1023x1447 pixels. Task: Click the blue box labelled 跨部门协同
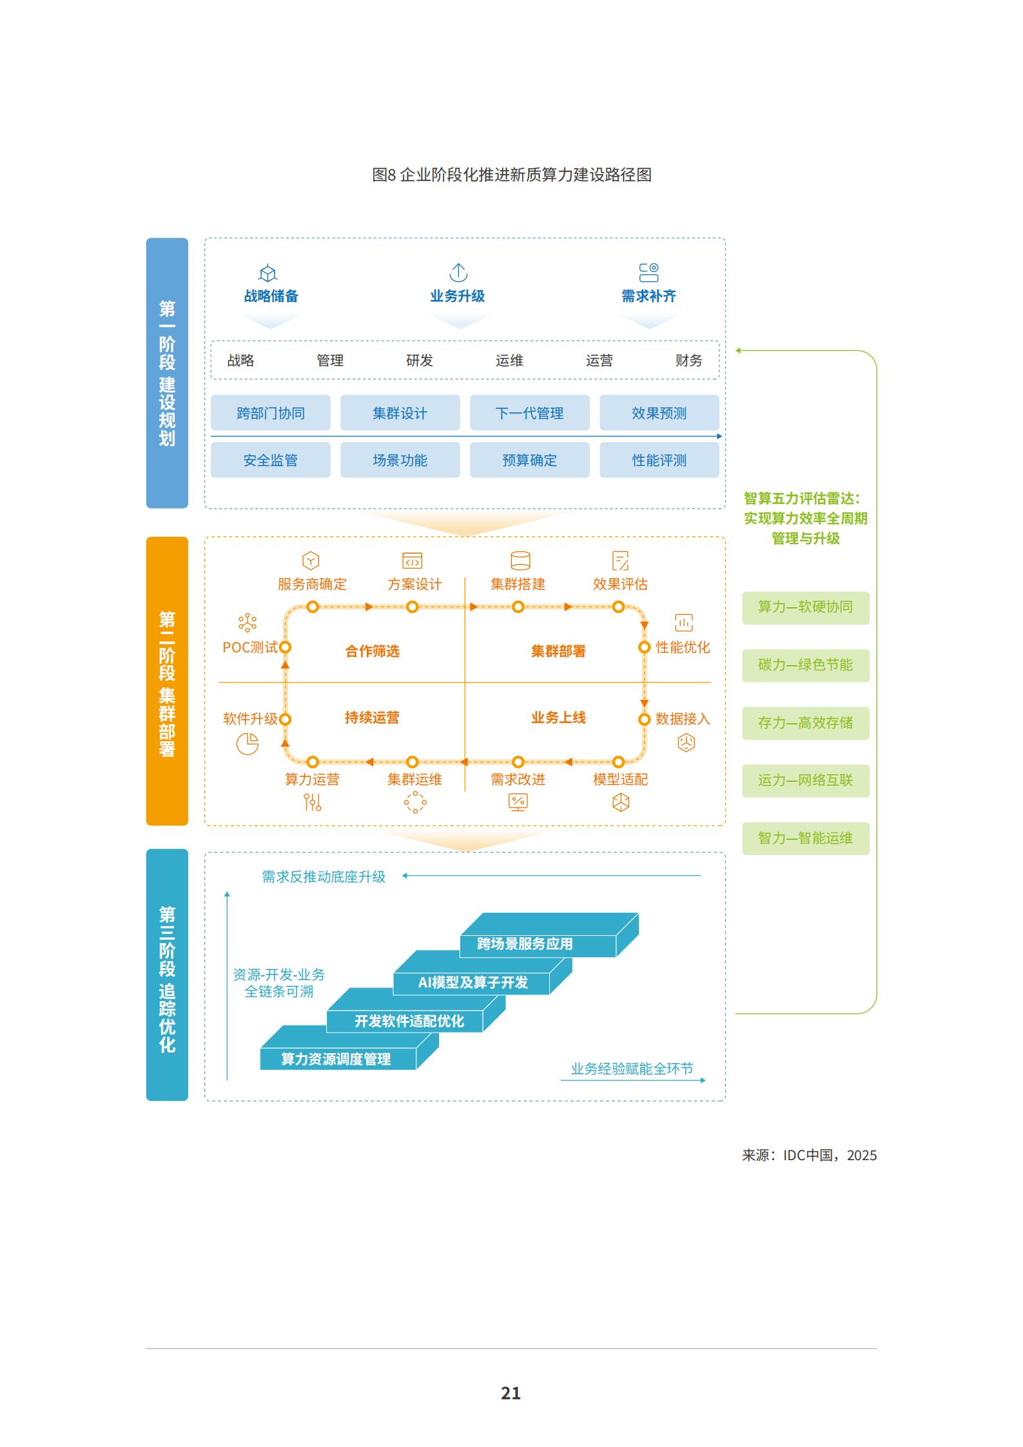point(270,413)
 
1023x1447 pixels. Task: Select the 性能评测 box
point(659,460)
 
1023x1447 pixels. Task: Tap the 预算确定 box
point(529,460)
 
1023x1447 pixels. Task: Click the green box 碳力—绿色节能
point(805,665)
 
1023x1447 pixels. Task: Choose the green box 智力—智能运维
point(805,838)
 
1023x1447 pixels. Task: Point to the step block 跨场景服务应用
point(525,944)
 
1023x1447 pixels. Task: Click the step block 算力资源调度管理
point(336,1059)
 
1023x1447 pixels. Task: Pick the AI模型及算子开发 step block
point(473,982)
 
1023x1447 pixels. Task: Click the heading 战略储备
point(271,296)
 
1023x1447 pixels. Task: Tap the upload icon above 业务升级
point(458,273)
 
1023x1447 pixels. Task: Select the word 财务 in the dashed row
point(688,360)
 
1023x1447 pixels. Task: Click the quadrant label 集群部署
point(558,651)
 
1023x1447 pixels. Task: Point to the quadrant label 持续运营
point(372,717)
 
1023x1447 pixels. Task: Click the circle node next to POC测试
point(285,647)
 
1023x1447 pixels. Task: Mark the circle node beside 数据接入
point(644,719)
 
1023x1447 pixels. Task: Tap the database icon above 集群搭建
point(520,561)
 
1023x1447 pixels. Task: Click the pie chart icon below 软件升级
point(248,744)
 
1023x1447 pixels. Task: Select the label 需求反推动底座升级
point(324,877)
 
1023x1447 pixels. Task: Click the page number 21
point(511,1394)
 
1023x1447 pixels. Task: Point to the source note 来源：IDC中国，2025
point(809,1155)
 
